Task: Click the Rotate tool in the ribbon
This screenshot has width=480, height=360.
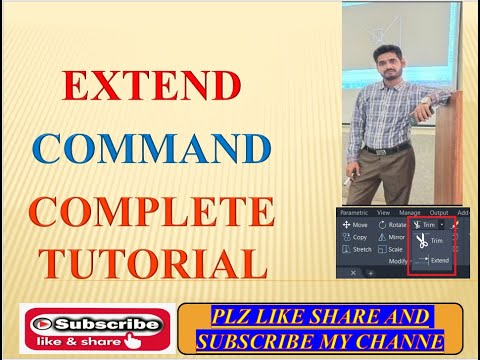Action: [392, 225]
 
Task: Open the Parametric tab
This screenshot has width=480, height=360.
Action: [354, 212]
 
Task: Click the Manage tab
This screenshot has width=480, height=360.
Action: [410, 212]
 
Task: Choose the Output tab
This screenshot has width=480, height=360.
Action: [439, 212]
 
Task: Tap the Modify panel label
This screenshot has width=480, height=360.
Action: [396, 260]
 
